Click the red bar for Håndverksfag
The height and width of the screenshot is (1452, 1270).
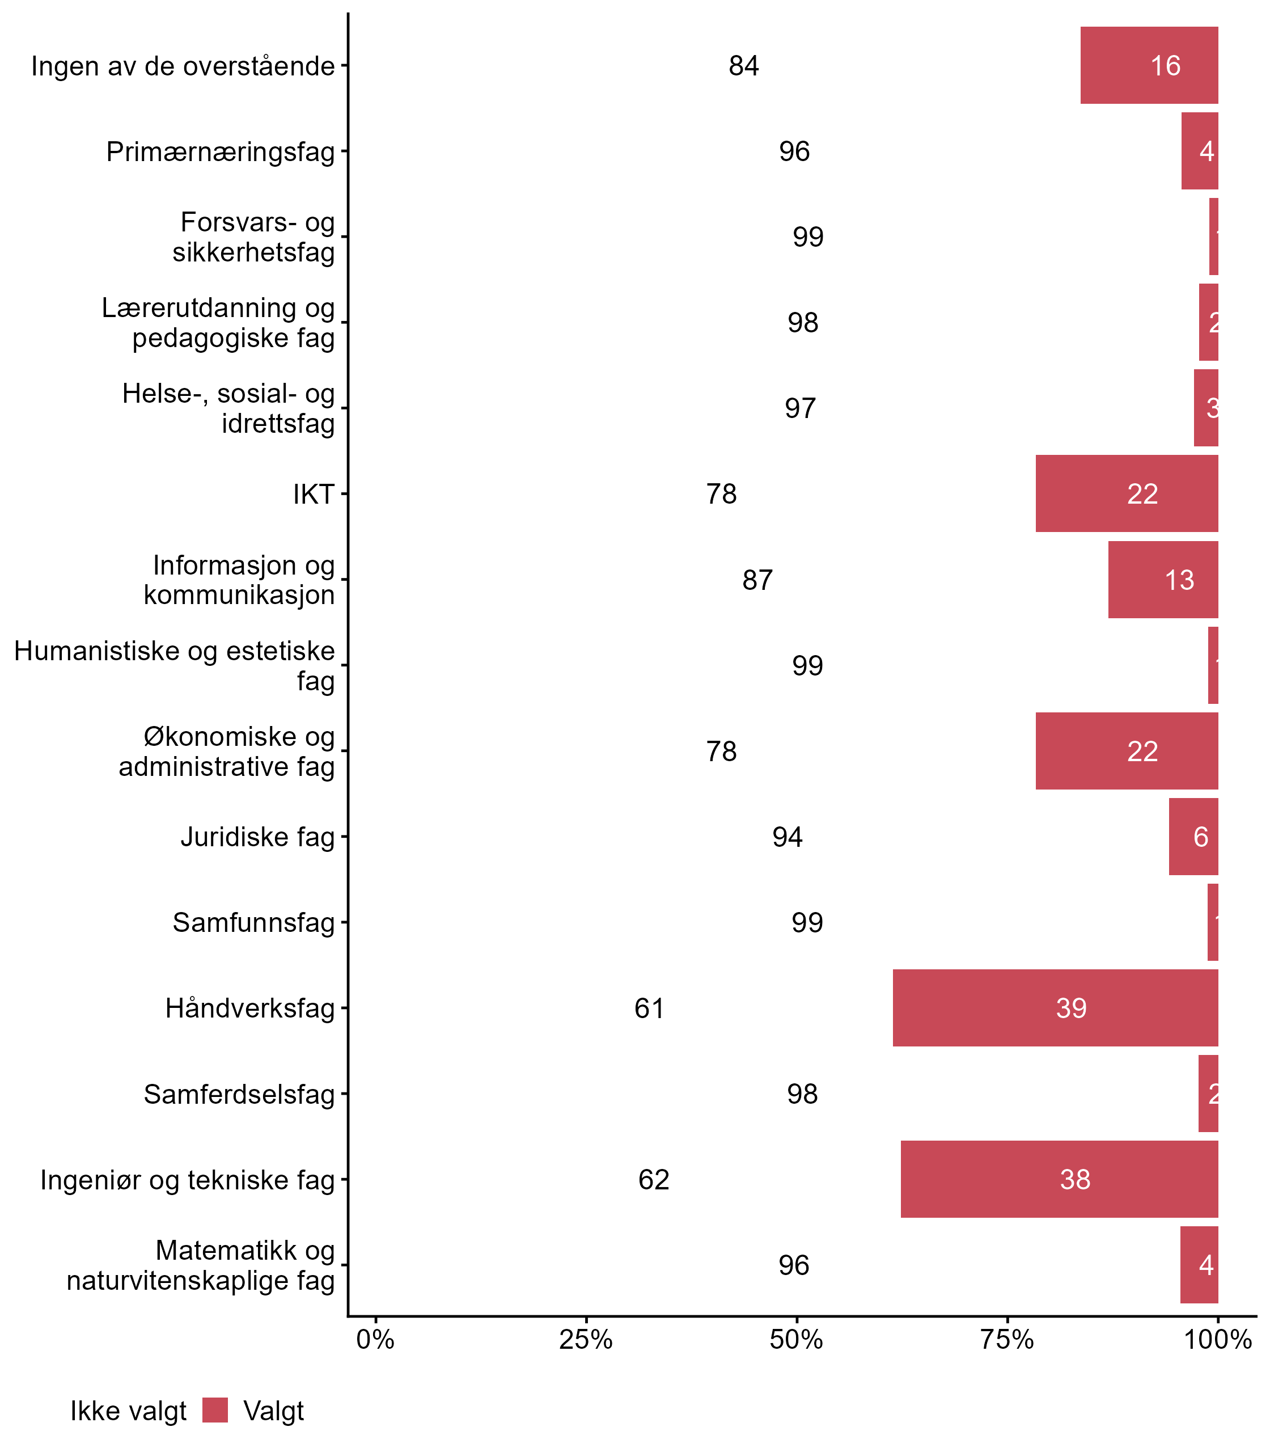pos(1055,1007)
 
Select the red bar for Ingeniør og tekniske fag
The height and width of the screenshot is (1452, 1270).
pos(1060,1179)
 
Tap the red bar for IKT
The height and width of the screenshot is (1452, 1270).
pos(1127,493)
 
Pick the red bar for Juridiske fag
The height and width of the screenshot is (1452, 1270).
pos(1193,837)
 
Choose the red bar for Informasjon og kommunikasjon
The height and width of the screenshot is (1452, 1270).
pos(1163,579)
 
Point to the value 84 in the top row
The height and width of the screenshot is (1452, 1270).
pos(743,66)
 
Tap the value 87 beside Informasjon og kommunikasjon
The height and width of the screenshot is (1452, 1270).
pos(757,580)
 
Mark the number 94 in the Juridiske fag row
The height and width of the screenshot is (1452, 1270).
pos(788,837)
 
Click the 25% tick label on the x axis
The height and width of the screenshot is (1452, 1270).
pos(585,1340)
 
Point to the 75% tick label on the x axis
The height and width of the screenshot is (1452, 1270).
pos(1007,1340)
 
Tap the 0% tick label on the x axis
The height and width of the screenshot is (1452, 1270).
pos(375,1340)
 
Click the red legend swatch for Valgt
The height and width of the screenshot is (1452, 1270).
pos(215,1410)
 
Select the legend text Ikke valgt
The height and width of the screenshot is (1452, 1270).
pos(128,1411)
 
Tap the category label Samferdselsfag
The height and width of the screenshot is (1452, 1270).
pos(239,1094)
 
